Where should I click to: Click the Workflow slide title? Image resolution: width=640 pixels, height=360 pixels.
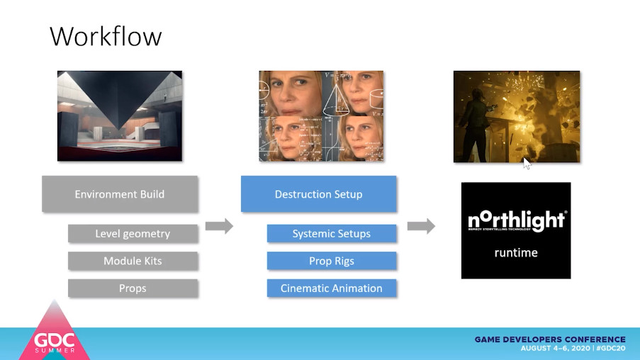click(106, 36)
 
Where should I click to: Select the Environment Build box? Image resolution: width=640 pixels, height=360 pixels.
click(120, 194)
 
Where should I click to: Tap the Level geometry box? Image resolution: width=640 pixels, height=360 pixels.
click(133, 234)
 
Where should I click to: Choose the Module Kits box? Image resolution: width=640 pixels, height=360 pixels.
click(133, 261)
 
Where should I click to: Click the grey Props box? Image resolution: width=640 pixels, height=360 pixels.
click(133, 288)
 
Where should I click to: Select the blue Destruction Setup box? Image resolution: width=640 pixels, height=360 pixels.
click(318, 194)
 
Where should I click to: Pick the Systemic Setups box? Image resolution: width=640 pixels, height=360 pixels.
click(331, 234)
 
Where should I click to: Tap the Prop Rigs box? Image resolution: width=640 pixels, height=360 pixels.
click(331, 261)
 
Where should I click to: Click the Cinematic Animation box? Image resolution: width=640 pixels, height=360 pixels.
click(331, 288)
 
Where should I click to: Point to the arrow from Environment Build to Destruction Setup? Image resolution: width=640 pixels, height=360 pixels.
click(219, 226)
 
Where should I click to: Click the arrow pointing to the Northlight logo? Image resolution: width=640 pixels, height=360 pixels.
click(421, 226)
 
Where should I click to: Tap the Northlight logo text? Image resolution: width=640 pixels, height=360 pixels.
click(515, 221)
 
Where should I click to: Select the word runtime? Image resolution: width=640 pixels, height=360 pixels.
click(515, 252)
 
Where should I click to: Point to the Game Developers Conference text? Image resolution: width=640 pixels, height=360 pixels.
click(550, 339)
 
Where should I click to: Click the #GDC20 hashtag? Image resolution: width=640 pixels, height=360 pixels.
click(610, 349)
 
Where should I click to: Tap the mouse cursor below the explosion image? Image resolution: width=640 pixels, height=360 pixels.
click(527, 163)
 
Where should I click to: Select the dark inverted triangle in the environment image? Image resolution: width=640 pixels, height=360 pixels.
click(120, 106)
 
